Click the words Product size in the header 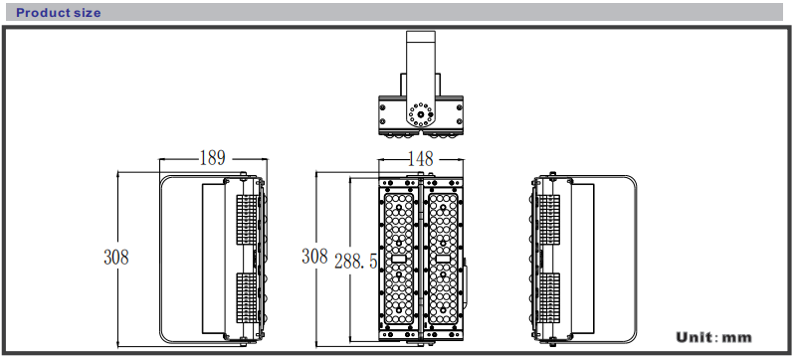click(x=59, y=13)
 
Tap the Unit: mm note click(x=713, y=337)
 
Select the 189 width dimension click(x=212, y=158)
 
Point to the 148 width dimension click(x=421, y=159)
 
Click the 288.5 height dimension click(x=355, y=262)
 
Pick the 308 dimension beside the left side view click(x=116, y=257)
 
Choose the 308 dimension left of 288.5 click(x=314, y=256)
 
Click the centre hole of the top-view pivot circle click(x=421, y=114)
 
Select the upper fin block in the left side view click(x=247, y=221)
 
